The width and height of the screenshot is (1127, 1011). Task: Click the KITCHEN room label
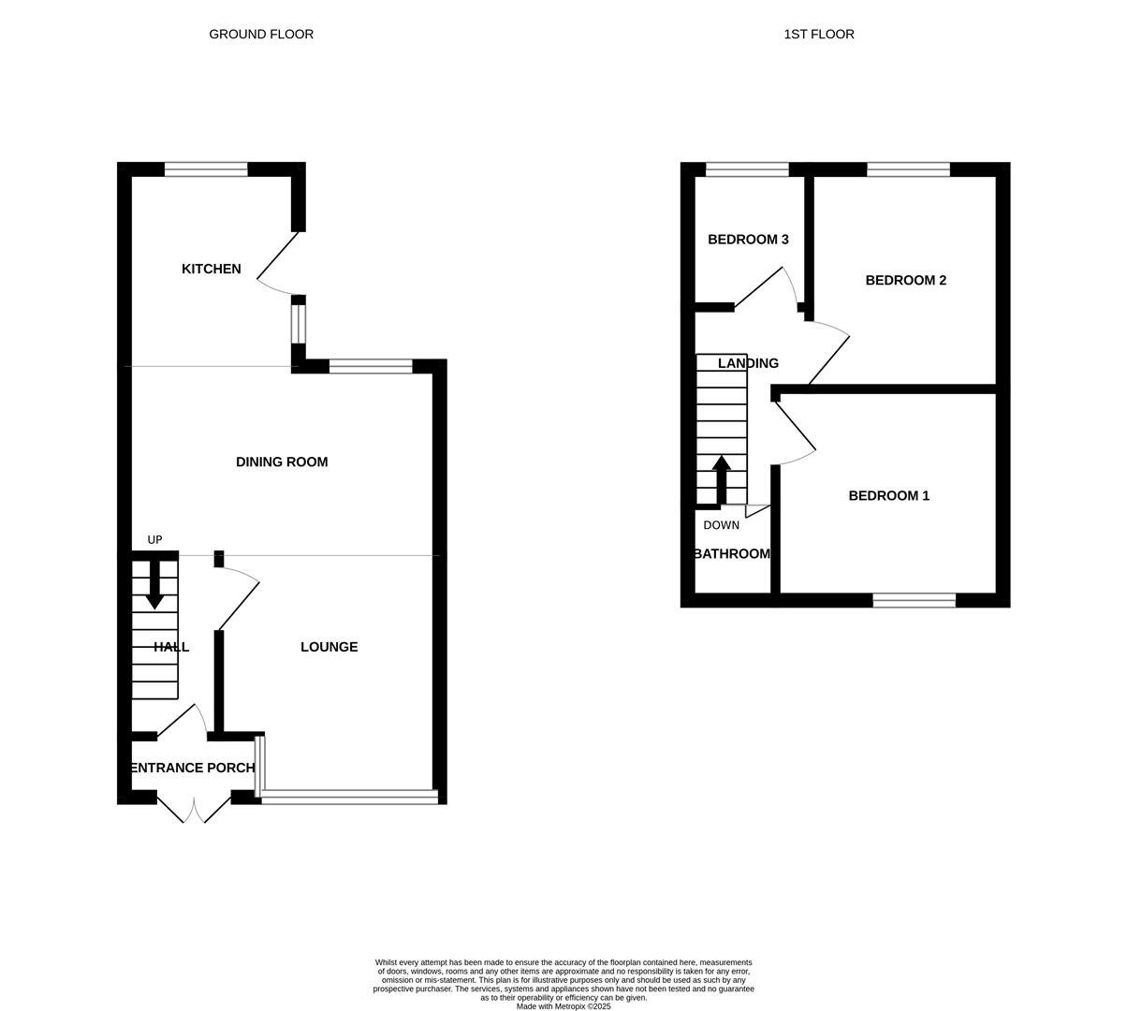click(x=211, y=269)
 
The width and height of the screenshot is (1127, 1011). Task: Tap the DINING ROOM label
click(x=281, y=462)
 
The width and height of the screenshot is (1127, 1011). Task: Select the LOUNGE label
click(x=329, y=647)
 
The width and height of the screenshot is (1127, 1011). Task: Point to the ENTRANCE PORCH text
click(x=192, y=768)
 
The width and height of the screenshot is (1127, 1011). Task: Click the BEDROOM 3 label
click(x=747, y=240)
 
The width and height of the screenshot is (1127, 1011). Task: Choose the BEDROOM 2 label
click(x=905, y=280)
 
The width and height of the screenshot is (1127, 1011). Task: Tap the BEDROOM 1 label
click(x=888, y=496)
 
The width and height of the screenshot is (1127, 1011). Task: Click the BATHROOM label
click(x=732, y=554)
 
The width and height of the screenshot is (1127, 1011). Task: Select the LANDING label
click(x=747, y=363)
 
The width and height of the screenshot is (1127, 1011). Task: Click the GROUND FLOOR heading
click(x=261, y=35)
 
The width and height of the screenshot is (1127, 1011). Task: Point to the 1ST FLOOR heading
click(x=818, y=35)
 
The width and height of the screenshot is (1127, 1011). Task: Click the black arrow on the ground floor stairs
click(x=154, y=586)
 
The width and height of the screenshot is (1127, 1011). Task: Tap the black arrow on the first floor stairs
click(x=721, y=479)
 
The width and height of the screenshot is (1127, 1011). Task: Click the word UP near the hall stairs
click(x=154, y=540)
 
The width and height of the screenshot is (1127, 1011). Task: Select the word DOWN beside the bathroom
click(x=721, y=525)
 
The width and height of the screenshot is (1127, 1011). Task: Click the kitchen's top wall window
click(x=206, y=169)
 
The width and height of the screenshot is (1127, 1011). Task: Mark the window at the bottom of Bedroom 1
click(x=914, y=600)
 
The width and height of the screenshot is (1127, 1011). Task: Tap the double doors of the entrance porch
click(x=194, y=809)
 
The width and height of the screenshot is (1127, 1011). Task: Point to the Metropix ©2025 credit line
click(x=563, y=1006)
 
